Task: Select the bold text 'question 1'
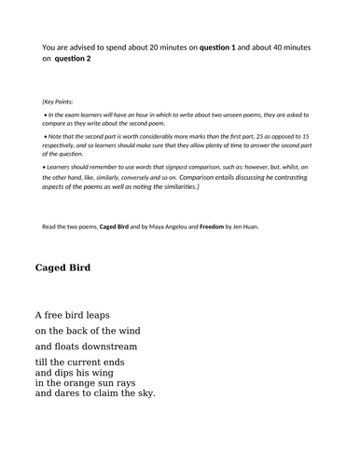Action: [x=225, y=46]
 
